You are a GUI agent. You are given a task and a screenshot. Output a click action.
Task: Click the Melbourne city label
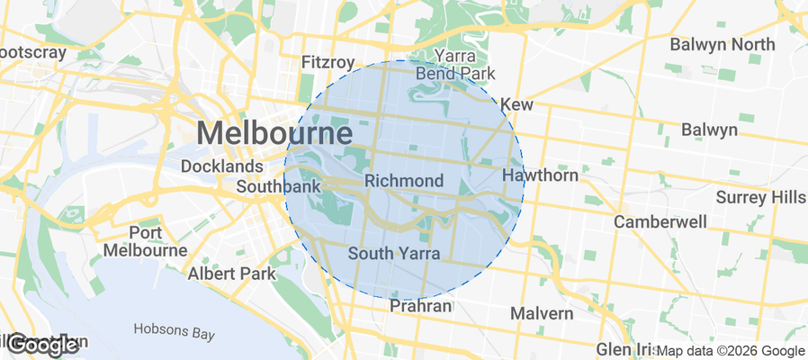pyautogui.click(x=274, y=134)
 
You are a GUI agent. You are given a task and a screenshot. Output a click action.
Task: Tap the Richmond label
pyautogui.click(x=404, y=181)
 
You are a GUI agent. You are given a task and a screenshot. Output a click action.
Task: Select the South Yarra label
pyautogui.click(x=393, y=254)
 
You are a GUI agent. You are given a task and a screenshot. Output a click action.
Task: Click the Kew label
pyautogui.click(x=516, y=105)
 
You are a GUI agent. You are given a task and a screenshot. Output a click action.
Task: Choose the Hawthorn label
pyautogui.click(x=540, y=175)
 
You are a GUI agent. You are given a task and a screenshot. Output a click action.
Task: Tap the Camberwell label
pyautogui.click(x=660, y=220)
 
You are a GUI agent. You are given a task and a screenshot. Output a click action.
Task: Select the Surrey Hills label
pyautogui.click(x=761, y=197)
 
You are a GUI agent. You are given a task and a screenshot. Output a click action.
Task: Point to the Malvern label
pyautogui.click(x=541, y=313)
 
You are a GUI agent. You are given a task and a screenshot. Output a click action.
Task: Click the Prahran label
pyautogui.click(x=420, y=307)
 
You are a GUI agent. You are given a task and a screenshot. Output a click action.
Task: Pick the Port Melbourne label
pyautogui.click(x=145, y=241)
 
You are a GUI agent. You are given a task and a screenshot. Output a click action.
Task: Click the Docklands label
pyautogui.click(x=221, y=166)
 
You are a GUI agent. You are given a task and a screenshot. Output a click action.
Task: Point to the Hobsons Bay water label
pyautogui.click(x=175, y=331)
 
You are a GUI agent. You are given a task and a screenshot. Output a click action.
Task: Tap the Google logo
pyautogui.click(x=42, y=345)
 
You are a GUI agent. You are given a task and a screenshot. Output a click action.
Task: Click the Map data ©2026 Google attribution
pyautogui.click(x=730, y=351)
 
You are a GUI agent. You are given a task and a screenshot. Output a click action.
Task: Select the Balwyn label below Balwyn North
pyautogui.click(x=709, y=130)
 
